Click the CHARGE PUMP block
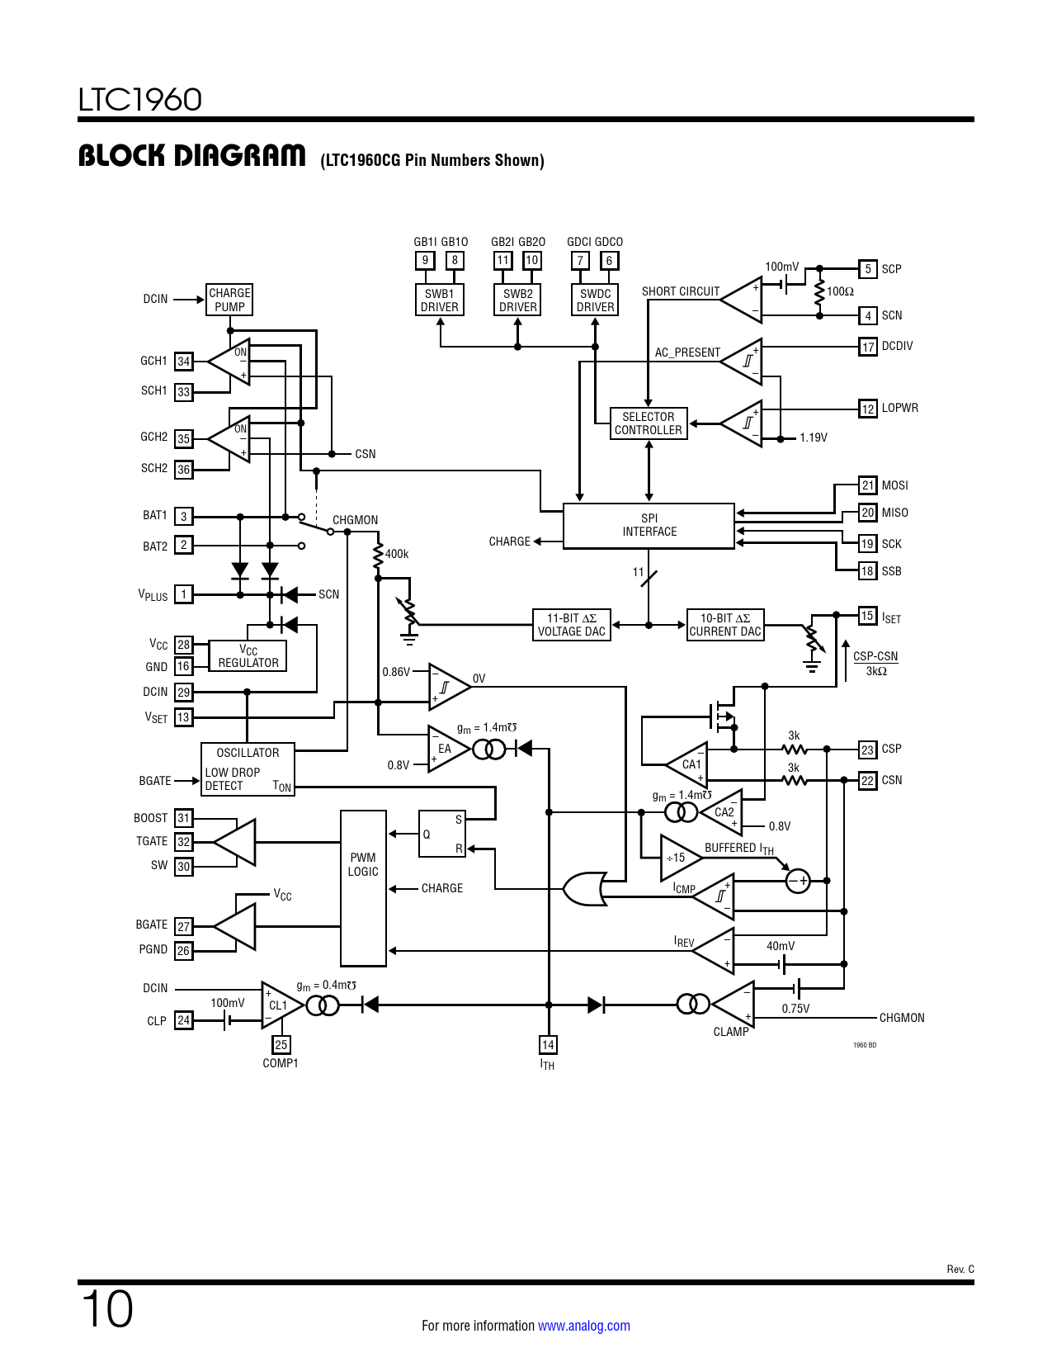pyautogui.click(x=229, y=300)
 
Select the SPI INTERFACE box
pyautogui.click(x=649, y=526)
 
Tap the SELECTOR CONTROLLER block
pyautogui.click(x=649, y=423)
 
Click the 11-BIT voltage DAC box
pyautogui.click(x=572, y=625)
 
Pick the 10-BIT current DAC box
pyautogui.click(x=725, y=625)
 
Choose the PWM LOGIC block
pyautogui.click(x=363, y=888)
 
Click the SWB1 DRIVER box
pyautogui.click(x=439, y=300)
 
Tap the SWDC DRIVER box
pyautogui.click(x=595, y=300)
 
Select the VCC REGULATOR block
pyautogui.click(x=248, y=656)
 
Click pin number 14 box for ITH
pyautogui.click(x=548, y=1045)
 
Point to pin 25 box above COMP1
pyautogui.click(x=281, y=1045)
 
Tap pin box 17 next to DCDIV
pyautogui.click(x=868, y=347)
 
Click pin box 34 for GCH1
pyautogui.click(x=183, y=361)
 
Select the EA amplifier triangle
pyautogui.click(x=448, y=749)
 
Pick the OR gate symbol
pyautogui.click(x=585, y=888)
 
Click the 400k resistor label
pyautogui.click(x=397, y=554)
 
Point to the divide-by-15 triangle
pyautogui.click(x=681, y=858)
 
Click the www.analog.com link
pyautogui.click(x=584, y=1326)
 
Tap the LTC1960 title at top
pyautogui.click(x=139, y=100)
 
